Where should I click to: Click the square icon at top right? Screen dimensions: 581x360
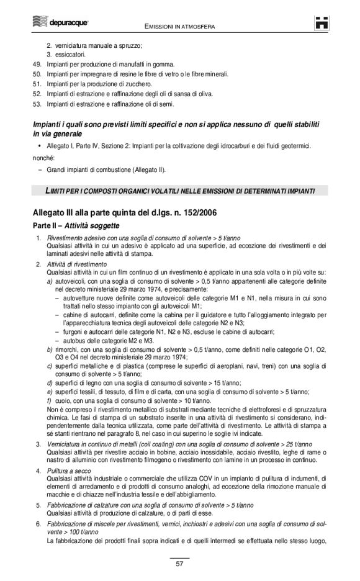pyautogui.click(x=321, y=24)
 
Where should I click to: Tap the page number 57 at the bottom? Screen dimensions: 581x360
pyautogui.click(x=179, y=564)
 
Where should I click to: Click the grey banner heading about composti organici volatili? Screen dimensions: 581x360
pyautogui.click(x=179, y=190)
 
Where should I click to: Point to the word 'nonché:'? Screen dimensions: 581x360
pyautogui.click(x=43, y=158)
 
